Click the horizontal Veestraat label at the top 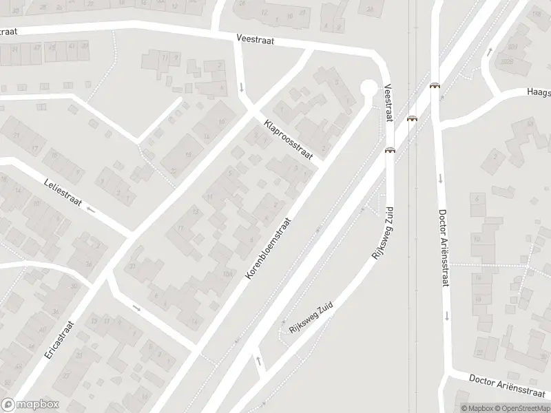click(255, 41)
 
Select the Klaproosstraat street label click(288, 140)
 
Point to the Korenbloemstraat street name click(269, 248)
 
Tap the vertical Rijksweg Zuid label click(382, 231)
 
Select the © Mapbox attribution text click(478, 408)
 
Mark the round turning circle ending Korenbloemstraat click(368, 88)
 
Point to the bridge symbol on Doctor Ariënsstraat click(435, 86)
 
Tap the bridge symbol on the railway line click(412, 118)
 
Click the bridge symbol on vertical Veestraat click(390, 150)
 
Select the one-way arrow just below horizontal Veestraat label click(242, 87)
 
